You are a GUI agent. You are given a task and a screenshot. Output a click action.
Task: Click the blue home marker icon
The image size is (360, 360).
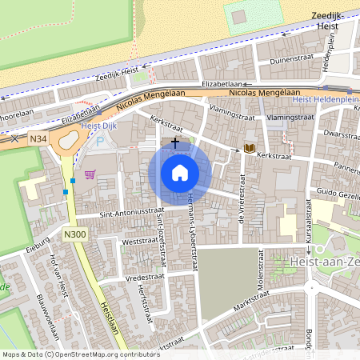click(x=180, y=172)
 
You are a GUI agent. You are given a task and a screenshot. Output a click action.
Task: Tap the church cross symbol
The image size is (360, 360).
click(x=175, y=142)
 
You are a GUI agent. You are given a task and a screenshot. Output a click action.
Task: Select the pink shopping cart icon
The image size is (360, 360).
click(x=90, y=173)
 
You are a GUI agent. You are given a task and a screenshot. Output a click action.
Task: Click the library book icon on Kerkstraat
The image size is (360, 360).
click(x=250, y=149)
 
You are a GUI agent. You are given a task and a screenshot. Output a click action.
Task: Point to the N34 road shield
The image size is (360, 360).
click(x=37, y=138)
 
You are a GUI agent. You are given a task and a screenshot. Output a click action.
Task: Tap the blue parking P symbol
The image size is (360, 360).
click(x=100, y=142)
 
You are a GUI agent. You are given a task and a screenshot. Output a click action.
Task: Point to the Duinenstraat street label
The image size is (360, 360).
click(x=292, y=59)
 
